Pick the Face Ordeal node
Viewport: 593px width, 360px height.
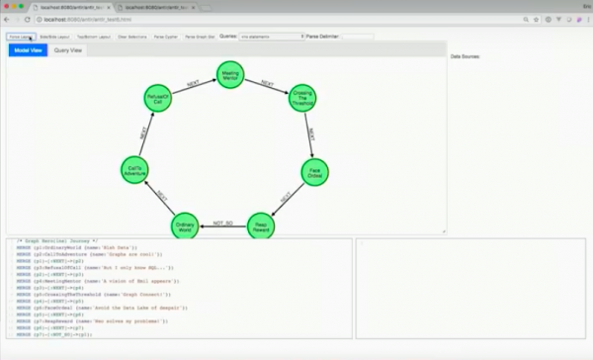pyautogui.click(x=314, y=172)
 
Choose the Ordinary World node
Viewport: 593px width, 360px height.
pyautogui.click(x=184, y=227)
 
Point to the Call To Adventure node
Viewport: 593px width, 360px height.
pyautogui.click(x=136, y=172)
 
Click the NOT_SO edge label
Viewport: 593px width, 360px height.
pyautogui.click(x=223, y=225)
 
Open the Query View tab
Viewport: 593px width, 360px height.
pyautogui.click(x=68, y=49)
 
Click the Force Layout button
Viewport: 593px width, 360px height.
pyautogui.click(x=20, y=37)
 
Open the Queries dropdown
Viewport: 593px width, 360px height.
pyautogui.click(x=272, y=37)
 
